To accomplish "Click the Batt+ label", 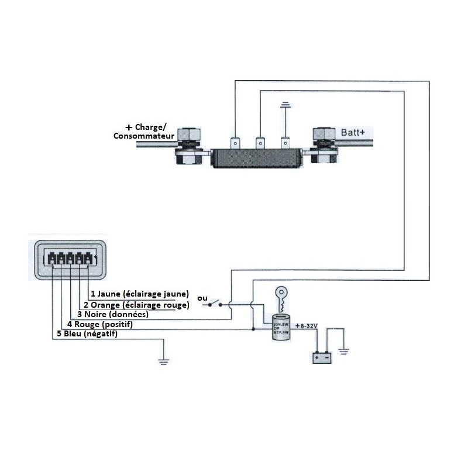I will (352, 133).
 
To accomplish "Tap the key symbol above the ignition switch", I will (280, 298).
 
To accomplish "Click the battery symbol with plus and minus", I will (321, 357).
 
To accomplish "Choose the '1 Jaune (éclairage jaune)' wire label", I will (139, 294).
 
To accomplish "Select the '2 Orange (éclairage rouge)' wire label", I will (136, 305).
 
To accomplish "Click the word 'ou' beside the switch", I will (202, 298).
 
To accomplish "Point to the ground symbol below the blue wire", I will (164, 361).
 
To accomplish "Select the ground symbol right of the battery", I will (344, 351).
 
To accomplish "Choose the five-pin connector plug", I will (69, 259).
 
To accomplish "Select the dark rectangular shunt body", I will (257, 159).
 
